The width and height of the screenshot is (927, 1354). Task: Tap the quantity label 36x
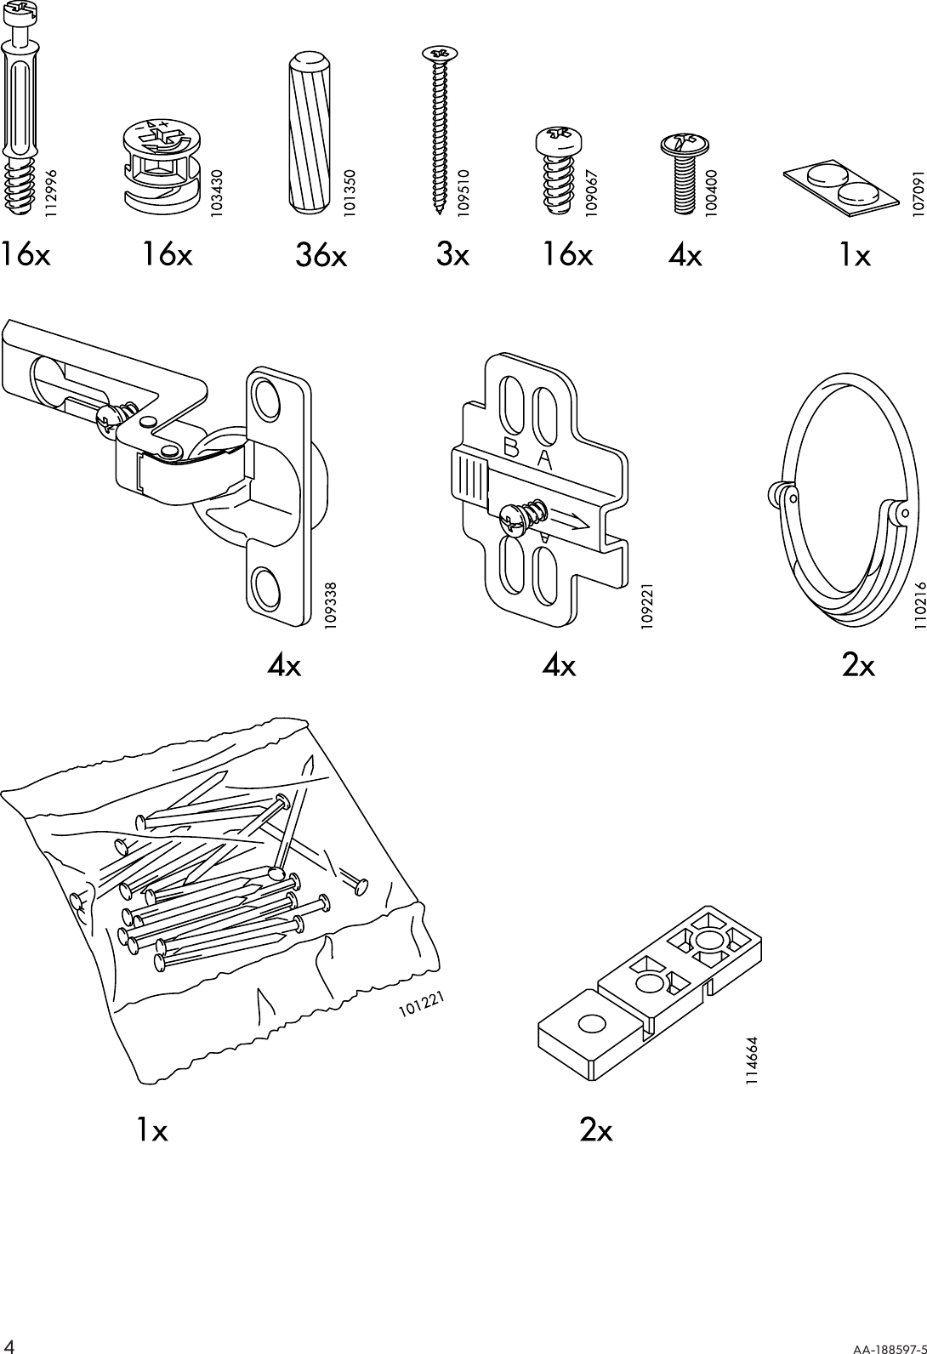[x=321, y=255]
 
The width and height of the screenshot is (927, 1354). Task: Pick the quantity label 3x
[x=452, y=253]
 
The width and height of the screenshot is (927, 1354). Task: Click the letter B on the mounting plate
[x=512, y=448]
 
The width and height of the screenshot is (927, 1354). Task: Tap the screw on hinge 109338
[x=115, y=417]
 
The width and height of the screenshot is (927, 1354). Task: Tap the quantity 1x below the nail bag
[x=152, y=1130]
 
